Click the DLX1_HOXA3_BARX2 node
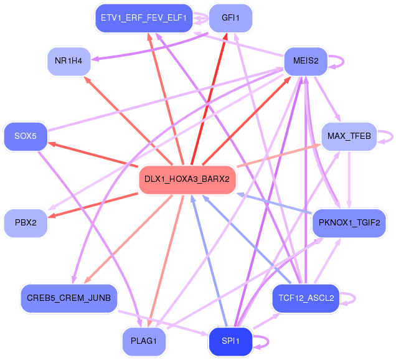coord(187,180)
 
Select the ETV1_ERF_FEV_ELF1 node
coord(144,18)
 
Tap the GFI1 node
coord(230,18)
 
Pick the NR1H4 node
coord(68,61)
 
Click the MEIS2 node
coord(306,61)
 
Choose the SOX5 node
coord(26,136)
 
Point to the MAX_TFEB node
coord(349,136)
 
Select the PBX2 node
coord(26,223)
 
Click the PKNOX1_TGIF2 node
coord(349,223)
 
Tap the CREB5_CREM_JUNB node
coord(68,298)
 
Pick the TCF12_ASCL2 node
coord(306,298)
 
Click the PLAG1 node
coord(144,341)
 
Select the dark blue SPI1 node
coord(230,341)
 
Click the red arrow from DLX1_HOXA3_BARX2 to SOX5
coord(93,155)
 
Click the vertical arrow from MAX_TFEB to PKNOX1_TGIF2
coord(349,180)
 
